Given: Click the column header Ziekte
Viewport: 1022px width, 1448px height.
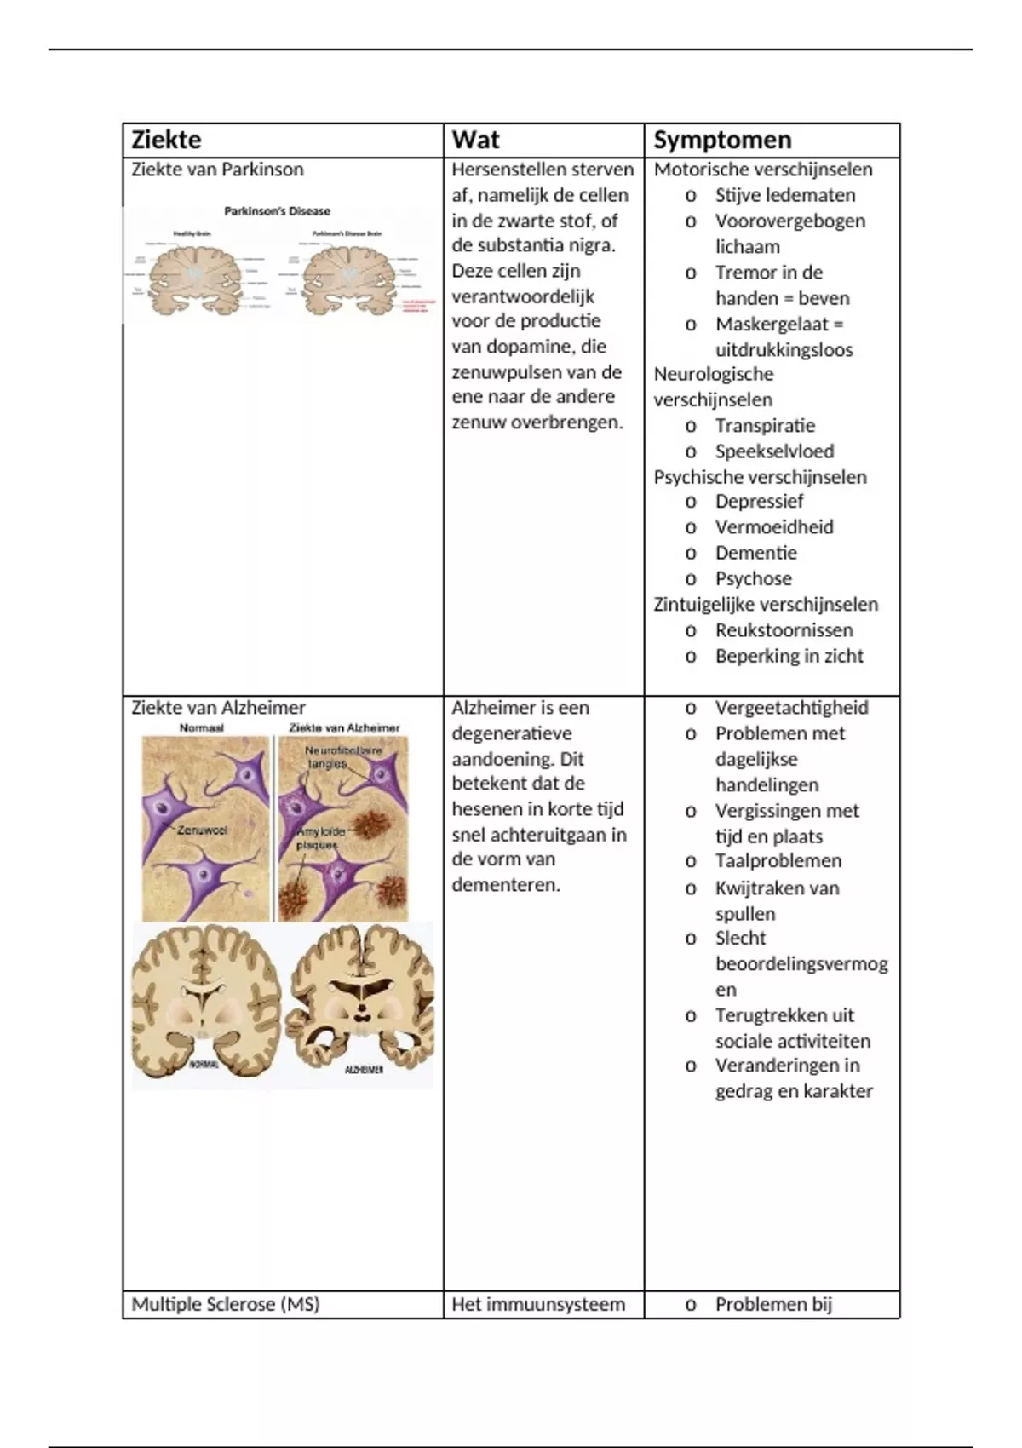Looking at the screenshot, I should pos(166,140).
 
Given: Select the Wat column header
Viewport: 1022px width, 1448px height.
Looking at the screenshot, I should pos(475,140).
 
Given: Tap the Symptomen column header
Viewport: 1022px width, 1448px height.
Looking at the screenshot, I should pos(722,140).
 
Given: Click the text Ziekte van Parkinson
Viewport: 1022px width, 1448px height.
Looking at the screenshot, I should pos(217,170).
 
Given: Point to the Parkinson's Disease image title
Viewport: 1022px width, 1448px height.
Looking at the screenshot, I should pos(277,211).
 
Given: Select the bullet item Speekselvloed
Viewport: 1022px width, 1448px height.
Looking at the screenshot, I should pos(774,451).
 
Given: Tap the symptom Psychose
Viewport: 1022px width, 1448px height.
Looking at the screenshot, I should pos(753,579).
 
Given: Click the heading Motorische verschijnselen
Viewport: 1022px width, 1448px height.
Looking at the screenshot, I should pos(763,170).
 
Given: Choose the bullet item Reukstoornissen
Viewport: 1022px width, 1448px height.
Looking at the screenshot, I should pos(784,630).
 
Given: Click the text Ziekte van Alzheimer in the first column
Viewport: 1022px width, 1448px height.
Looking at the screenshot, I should pos(218,708).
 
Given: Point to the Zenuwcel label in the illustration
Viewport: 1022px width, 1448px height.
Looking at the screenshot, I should pos(202,830).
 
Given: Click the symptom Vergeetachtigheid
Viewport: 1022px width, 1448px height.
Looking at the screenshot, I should pos(791,708).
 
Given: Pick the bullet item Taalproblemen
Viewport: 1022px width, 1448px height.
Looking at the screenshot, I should pos(778,861).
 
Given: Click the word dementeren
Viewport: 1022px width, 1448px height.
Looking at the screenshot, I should pos(506,885).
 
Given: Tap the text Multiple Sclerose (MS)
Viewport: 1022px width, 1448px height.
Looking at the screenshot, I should pos(225,1304).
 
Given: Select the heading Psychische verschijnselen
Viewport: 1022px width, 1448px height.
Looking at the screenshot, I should pos(760,477).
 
